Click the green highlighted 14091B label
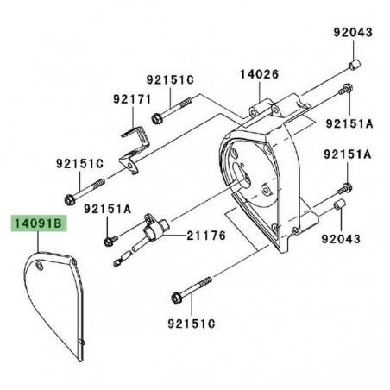pyautogui.click(x=39, y=223)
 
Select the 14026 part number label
pyautogui.click(x=260, y=74)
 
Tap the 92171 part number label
pyautogui.click(x=132, y=99)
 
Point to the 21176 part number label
pyautogui.click(x=206, y=236)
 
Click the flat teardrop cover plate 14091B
pyautogui.click(x=54, y=299)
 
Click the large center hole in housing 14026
pyautogui.click(x=242, y=175)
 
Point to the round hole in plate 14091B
pyautogui.click(x=40, y=266)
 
